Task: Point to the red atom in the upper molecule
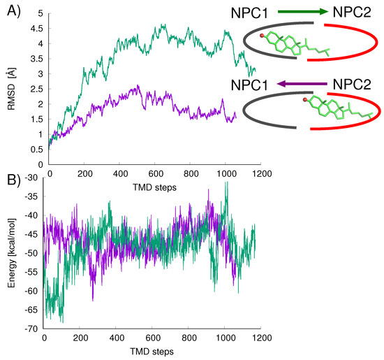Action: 261,35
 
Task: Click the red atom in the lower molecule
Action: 306,101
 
